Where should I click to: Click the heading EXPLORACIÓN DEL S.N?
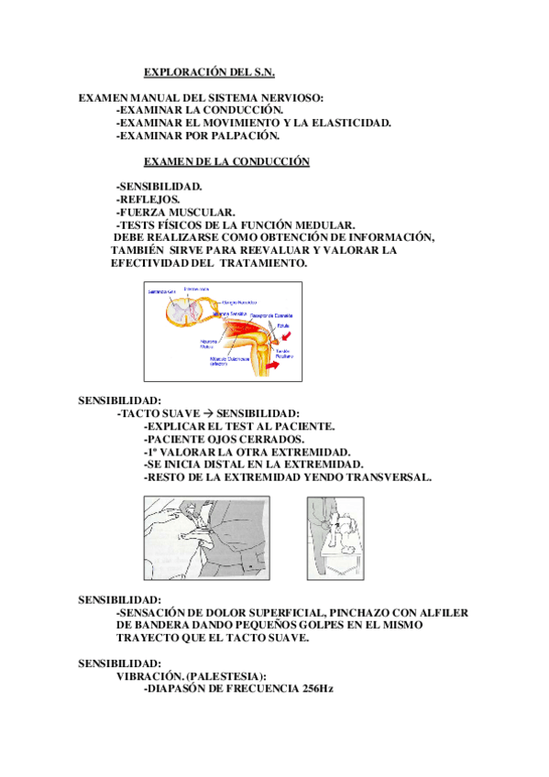tap(209, 71)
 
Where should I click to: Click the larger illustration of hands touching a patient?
tap(206, 541)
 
